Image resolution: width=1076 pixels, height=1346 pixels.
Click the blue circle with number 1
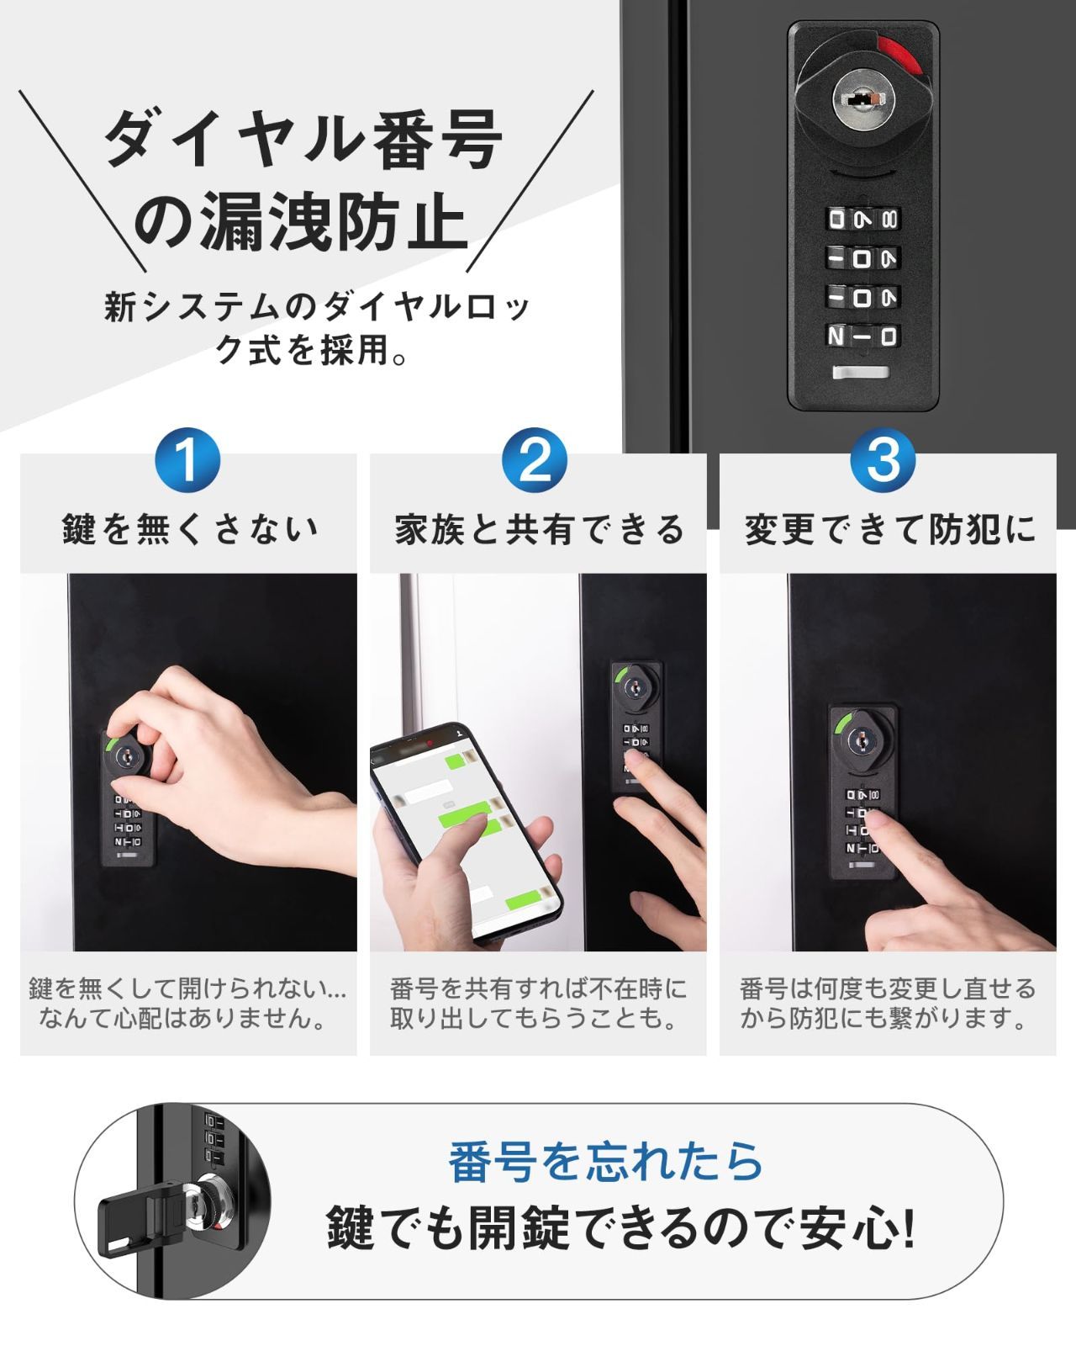coord(187,459)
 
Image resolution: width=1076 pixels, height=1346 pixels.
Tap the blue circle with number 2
coord(535,459)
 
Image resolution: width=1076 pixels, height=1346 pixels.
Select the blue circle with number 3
coord(883,459)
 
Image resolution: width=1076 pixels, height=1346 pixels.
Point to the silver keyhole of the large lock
coord(862,99)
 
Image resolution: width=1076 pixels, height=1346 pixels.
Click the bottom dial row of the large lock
coord(862,336)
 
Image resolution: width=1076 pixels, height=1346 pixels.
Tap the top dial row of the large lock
coord(862,220)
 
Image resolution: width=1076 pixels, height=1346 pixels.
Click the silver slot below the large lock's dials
coord(861,373)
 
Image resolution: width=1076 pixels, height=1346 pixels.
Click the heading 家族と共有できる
coord(539,529)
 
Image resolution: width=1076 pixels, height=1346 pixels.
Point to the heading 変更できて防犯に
coord(889,529)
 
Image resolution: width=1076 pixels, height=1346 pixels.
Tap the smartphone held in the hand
coord(466,833)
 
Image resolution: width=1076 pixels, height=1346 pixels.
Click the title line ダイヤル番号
coord(303,139)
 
